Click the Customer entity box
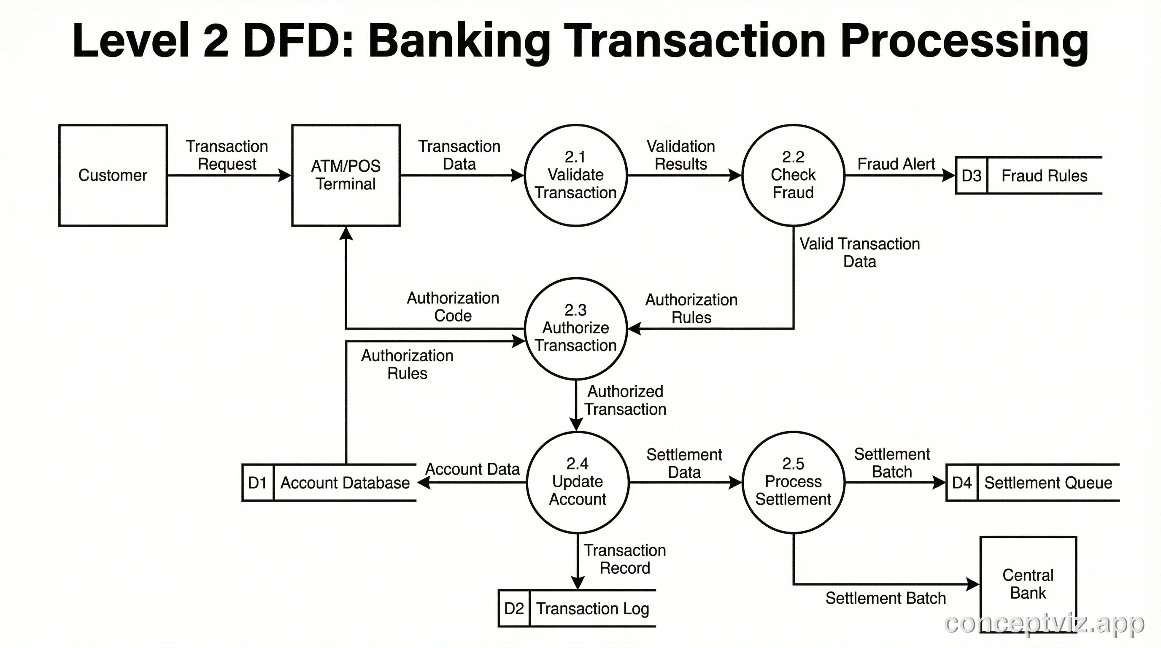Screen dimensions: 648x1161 click(x=113, y=175)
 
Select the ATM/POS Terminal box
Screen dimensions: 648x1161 click(x=346, y=175)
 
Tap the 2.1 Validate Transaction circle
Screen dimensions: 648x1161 click(x=575, y=175)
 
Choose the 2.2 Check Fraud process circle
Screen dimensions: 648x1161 click(x=793, y=175)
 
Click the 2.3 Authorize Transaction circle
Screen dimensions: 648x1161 click(x=575, y=328)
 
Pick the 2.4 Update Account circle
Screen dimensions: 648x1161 click(x=578, y=482)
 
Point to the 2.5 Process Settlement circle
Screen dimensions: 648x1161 click(x=793, y=482)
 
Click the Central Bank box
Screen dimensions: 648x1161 click(x=1028, y=584)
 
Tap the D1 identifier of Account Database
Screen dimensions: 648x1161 click(x=257, y=483)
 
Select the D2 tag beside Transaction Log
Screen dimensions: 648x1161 click(x=514, y=608)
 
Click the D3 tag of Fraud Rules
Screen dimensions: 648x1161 click(x=971, y=176)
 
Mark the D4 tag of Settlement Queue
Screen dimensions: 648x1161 click(x=962, y=483)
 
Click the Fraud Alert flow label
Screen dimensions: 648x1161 click(x=896, y=164)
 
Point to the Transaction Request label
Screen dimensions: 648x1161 click(x=227, y=155)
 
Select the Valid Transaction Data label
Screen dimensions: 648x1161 click(x=859, y=252)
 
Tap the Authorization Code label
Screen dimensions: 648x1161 click(x=453, y=306)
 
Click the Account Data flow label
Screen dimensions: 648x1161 click(x=472, y=469)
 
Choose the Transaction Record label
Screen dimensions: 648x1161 click(x=625, y=559)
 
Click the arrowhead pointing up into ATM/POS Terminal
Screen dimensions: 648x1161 click(x=346, y=233)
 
